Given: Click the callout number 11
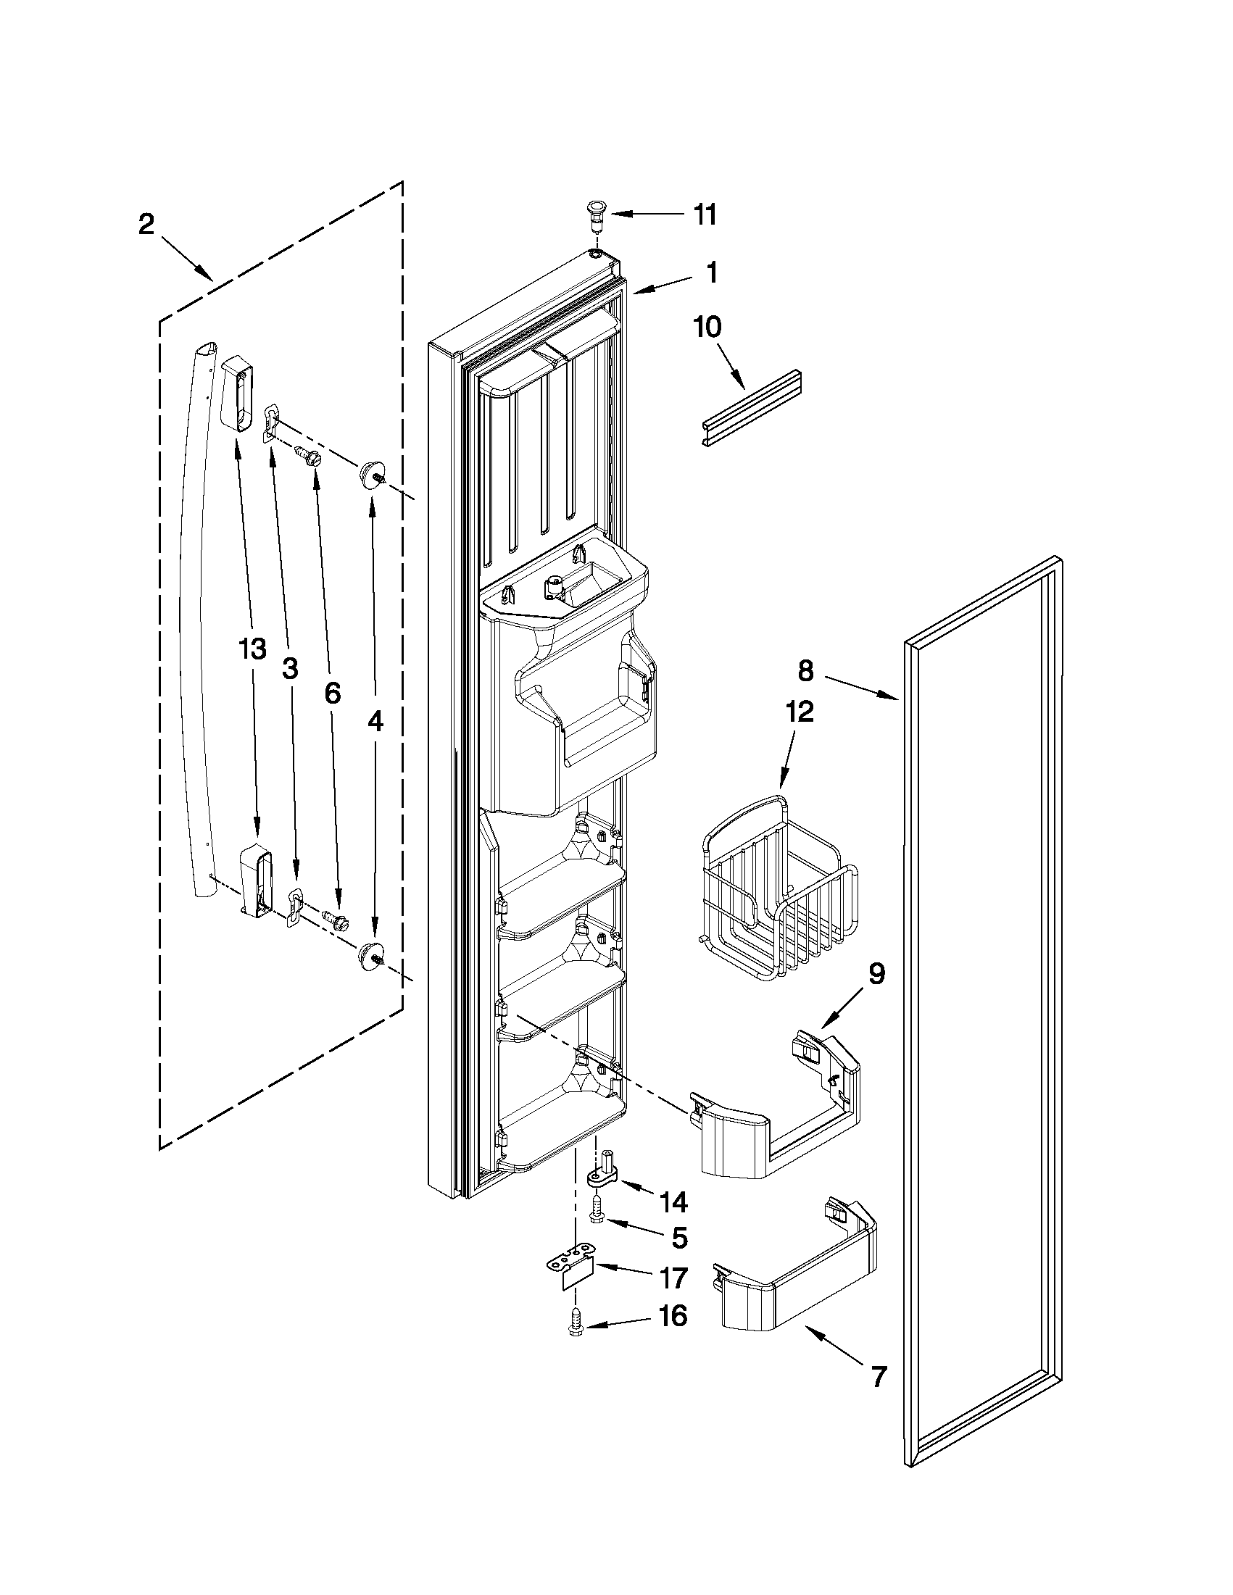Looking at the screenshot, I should coord(704,215).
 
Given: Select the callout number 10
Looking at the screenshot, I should coord(707,327).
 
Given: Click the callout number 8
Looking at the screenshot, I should coord(805,670).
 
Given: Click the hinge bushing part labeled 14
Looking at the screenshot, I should coord(603,1175).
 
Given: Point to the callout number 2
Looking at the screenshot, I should coord(146,224).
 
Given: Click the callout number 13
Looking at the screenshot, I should coord(252,649).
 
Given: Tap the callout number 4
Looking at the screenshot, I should coord(375,722).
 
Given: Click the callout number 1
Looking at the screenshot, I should coord(710,273).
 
